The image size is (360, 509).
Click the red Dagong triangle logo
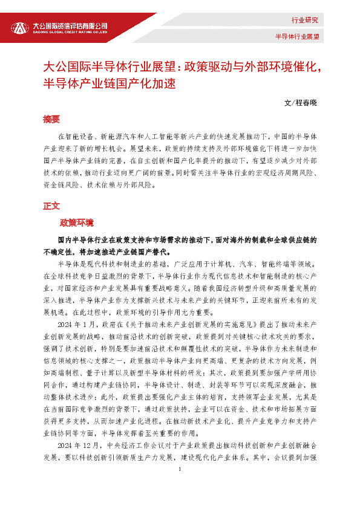tap(19, 27)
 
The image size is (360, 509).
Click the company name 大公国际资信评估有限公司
tap(70, 25)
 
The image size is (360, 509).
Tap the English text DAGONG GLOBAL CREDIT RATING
tap(70, 33)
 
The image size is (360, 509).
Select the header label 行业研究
tap(304, 21)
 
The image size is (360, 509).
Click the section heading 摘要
tap(51, 118)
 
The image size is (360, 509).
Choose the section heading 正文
tap(51, 206)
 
